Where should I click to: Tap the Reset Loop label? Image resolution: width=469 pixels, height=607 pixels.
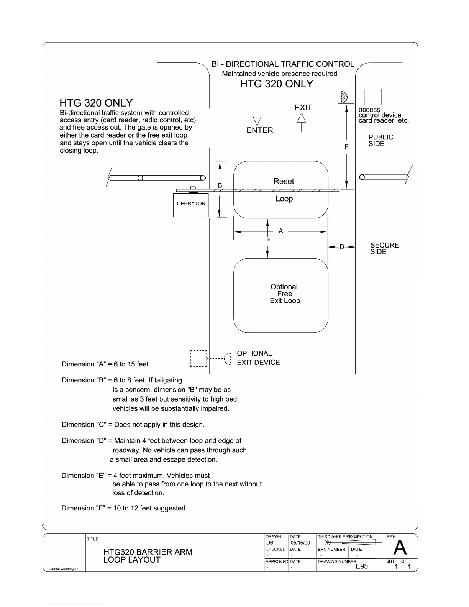(284, 190)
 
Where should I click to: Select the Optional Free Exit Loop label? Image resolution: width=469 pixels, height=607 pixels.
(284, 294)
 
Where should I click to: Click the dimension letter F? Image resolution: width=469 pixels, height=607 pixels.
(346, 147)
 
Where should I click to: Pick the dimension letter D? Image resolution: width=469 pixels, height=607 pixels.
(342, 247)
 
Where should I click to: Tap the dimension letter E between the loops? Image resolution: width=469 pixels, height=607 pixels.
(268, 241)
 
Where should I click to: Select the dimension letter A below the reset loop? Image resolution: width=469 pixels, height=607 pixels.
(281, 231)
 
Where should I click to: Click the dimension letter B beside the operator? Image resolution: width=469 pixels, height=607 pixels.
(220, 185)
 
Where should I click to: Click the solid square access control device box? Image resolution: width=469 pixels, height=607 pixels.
(372, 97)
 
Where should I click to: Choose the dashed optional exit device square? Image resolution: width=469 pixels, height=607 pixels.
(198, 359)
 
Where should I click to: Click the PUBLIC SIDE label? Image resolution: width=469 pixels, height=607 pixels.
(380, 140)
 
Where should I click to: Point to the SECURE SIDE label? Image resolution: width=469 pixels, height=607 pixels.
(384, 248)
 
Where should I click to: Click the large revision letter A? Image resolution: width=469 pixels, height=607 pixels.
(400, 548)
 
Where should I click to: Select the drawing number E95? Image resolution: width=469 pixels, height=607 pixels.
(362, 566)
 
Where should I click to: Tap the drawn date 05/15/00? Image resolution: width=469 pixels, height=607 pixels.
(300, 543)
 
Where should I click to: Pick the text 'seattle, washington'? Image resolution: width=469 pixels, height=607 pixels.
(64, 569)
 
